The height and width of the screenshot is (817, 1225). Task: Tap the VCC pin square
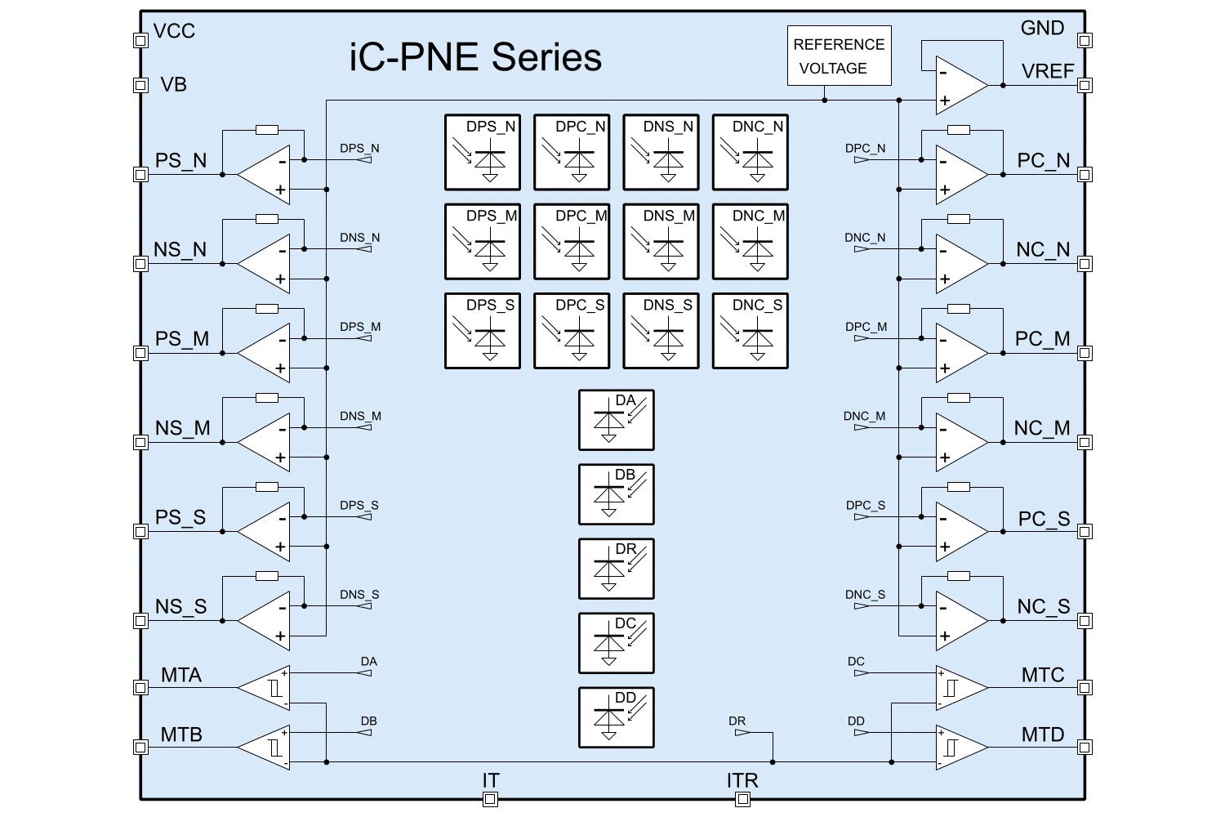(x=140, y=40)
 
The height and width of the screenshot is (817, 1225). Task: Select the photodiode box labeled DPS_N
(x=483, y=152)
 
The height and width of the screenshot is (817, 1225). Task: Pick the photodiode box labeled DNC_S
(x=751, y=330)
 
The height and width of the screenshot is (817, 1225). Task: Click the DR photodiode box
(x=617, y=569)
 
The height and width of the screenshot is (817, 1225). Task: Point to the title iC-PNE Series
(x=475, y=58)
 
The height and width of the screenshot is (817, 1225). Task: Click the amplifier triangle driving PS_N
(x=264, y=174)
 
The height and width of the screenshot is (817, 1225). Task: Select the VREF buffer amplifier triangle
(x=961, y=85)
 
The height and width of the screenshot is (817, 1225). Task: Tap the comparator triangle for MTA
(x=264, y=687)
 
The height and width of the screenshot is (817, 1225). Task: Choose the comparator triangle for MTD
(x=961, y=747)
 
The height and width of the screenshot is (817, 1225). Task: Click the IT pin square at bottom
(x=490, y=800)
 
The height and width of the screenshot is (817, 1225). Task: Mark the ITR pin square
(x=742, y=800)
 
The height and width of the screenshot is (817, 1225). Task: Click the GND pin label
(x=1042, y=29)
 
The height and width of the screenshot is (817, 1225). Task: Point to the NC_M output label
(x=1041, y=428)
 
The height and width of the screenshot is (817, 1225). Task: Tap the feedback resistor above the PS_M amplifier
(x=267, y=309)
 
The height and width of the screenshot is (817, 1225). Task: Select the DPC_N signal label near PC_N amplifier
(x=865, y=149)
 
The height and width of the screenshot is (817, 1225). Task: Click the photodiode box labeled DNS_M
(x=661, y=241)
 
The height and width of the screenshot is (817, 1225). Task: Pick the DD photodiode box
(x=617, y=717)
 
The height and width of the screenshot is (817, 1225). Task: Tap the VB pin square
(x=140, y=85)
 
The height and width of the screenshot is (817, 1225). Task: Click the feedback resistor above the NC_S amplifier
(x=959, y=577)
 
